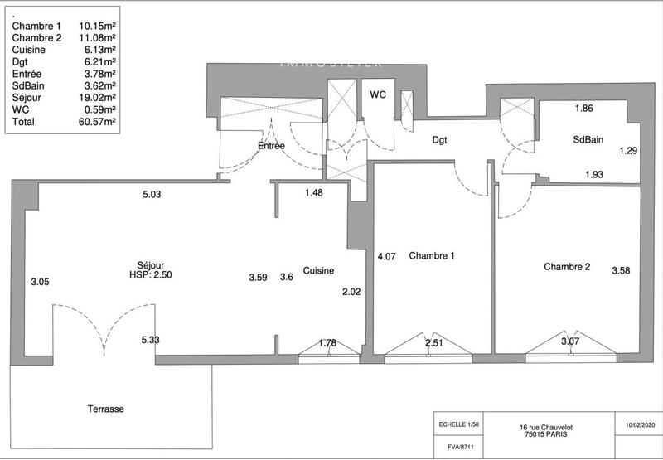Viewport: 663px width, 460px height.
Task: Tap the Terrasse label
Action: [106, 409]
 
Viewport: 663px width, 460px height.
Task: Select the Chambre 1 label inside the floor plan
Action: [432, 256]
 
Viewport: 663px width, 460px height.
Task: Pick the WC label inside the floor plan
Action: [378, 94]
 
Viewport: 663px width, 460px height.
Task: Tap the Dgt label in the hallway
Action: [439, 140]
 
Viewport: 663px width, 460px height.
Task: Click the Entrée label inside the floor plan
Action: [271, 146]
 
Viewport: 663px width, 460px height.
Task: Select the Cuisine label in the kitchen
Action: [318, 271]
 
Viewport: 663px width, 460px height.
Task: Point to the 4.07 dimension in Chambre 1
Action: [387, 256]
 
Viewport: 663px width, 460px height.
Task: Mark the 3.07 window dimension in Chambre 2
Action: [570, 341]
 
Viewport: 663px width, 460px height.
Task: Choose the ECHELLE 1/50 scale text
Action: [457, 424]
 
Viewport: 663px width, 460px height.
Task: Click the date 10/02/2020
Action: [639, 424]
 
